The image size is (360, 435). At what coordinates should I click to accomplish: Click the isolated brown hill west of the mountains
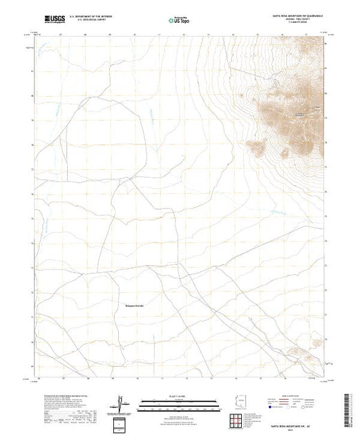pos(259,146)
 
